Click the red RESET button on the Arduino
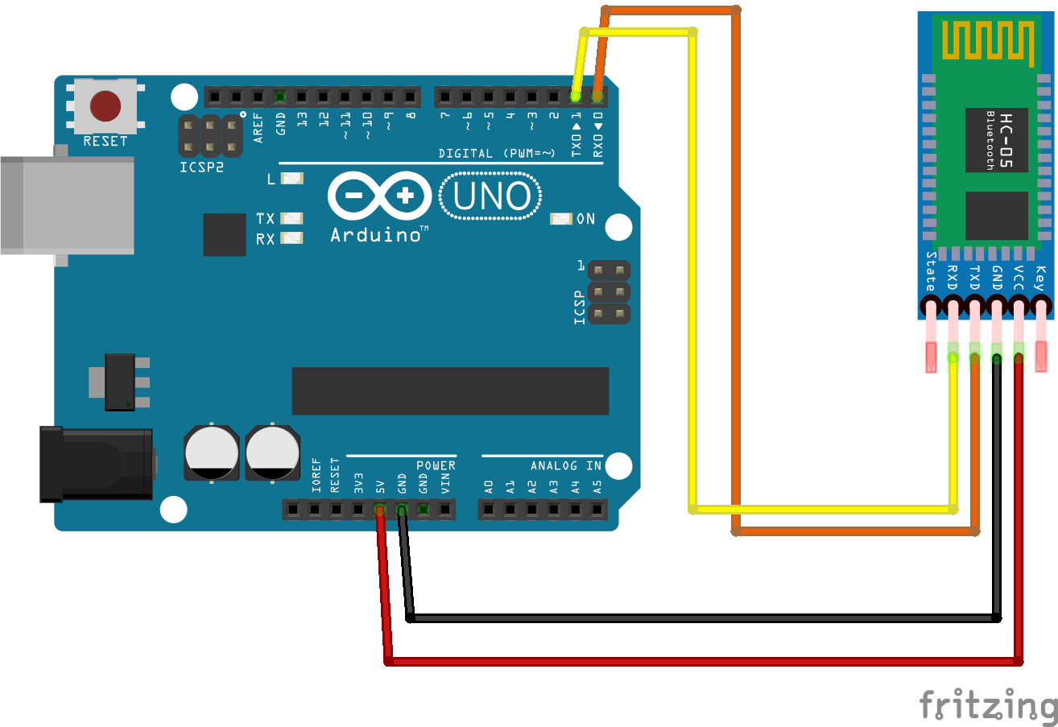point(105,105)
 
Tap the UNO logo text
point(490,197)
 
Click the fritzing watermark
point(988,706)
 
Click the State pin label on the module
point(931,272)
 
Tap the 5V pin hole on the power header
point(379,509)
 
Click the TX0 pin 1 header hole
point(576,97)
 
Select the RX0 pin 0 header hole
point(597,97)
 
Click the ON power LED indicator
point(561,218)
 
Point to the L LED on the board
point(291,179)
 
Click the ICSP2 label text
point(200,169)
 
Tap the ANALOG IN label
point(565,465)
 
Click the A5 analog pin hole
point(597,509)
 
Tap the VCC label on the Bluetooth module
point(1019,277)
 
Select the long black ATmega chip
point(450,390)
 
